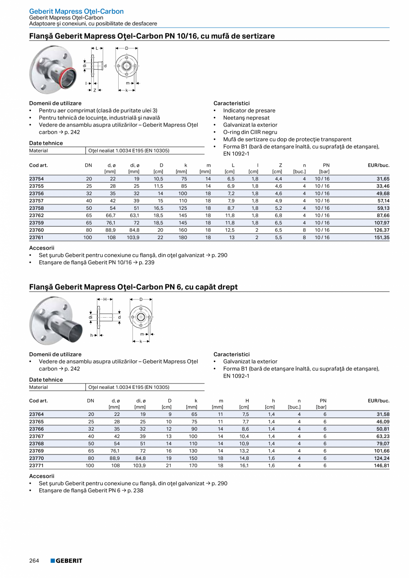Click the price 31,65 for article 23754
click(382, 179)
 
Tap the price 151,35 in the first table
click(381, 238)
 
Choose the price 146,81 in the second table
click(381, 466)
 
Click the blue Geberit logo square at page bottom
click(52, 561)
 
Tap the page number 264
click(34, 561)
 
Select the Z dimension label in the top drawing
click(95, 90)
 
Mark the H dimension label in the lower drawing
click(105, 299)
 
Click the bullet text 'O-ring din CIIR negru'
click(250, 132)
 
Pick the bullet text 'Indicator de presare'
click(249, 111)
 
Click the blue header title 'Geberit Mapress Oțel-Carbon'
click(76, 11)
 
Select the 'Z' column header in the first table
click(280, 165)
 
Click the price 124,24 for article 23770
click(381, 458)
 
